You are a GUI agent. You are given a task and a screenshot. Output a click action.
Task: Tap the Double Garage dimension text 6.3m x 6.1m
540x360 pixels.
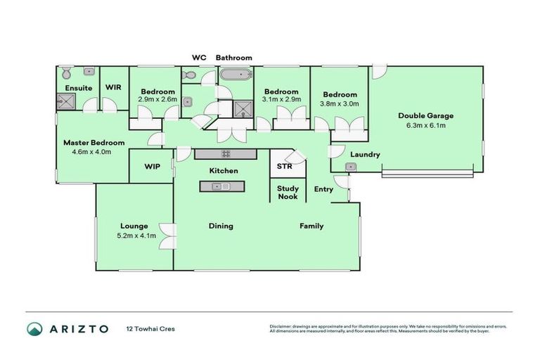tap(426, 126)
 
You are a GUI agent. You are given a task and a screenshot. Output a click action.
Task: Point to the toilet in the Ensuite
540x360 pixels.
tap(65, 73)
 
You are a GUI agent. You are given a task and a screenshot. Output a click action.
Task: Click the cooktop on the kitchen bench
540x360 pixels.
tap(227, 153)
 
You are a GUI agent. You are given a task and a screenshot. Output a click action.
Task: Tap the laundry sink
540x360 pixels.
tap(350, 167)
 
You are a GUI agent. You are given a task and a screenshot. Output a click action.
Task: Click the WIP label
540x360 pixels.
tap(152, 167)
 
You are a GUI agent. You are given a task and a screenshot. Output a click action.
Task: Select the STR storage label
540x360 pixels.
tap(284, 167)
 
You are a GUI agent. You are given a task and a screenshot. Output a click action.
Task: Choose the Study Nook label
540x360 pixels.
tap(287, 193)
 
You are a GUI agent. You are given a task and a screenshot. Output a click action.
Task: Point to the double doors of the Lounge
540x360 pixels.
tap(166, 236)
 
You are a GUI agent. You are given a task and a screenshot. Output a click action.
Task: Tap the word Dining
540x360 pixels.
tap(220, 226)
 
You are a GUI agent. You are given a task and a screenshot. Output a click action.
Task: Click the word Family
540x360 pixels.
tap(311, 226)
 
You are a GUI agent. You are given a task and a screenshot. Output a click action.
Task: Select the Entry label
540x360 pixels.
tap(323, 189)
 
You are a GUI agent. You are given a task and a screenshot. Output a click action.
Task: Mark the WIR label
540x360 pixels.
tap(114, 88)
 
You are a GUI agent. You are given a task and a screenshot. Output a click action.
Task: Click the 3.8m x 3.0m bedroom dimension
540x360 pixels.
tap(340, 103)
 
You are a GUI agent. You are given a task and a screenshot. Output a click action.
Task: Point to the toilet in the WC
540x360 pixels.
tap(188, 75)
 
